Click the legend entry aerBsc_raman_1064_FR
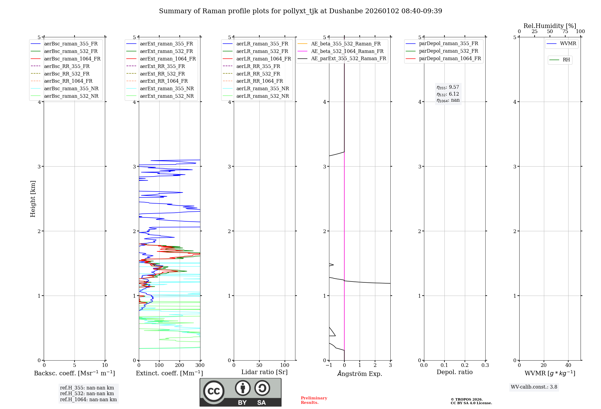point(72,59)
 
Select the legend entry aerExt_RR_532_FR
point(162,74)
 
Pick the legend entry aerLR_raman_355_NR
point(262,89)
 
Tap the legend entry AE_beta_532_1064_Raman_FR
point(347,51)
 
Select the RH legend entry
point(566,60)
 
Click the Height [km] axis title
point(33,199)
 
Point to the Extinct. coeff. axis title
point(169,373)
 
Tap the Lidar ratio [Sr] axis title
point(264,372)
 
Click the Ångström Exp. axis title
point(360,374)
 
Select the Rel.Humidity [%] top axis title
point(550,26)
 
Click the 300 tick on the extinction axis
point(200,365)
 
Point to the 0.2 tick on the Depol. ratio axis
point(465,365)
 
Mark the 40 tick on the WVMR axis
point(568,365)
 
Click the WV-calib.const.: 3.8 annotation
point(534,387)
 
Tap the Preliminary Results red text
point(314,400)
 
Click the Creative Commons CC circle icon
point(214,391)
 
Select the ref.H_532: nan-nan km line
point(87,394)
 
